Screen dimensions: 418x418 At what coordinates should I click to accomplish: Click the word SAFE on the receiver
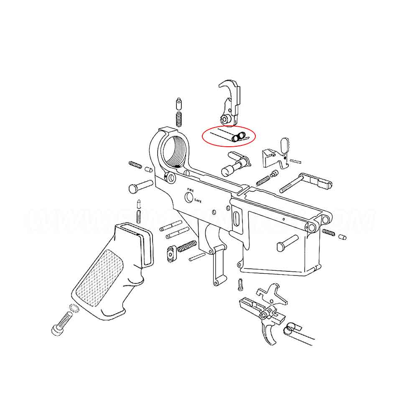pyautogui.click(x=197, y=201)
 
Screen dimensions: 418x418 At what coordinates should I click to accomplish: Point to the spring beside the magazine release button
pyautogui.click(x=187, y=246)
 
